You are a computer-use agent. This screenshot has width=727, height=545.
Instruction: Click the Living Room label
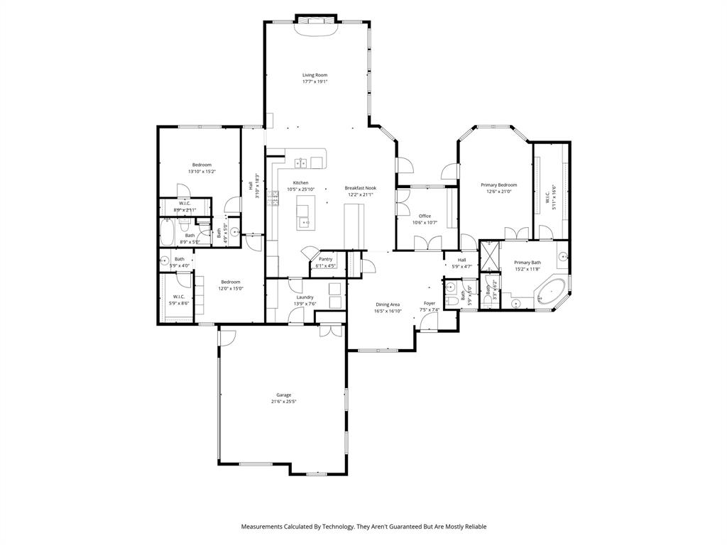tap(315, 75)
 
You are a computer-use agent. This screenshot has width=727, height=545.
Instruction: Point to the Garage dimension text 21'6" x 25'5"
tap(283, 402)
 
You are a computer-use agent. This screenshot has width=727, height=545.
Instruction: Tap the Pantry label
tap(325, 259)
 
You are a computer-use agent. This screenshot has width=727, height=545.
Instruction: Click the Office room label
tap(425, 216)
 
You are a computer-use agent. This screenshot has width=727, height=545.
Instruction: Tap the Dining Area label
tap(388, 304)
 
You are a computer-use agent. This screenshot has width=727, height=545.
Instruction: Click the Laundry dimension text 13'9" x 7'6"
tap(305, 304)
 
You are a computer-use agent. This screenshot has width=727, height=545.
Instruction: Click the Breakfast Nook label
tap(361, 188)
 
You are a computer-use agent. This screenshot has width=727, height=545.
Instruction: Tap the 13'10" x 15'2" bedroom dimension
tap(202, 171)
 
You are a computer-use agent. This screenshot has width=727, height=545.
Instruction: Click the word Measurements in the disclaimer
tap(263, 527)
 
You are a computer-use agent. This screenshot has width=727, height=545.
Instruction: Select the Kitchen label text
tap(300, 182)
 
